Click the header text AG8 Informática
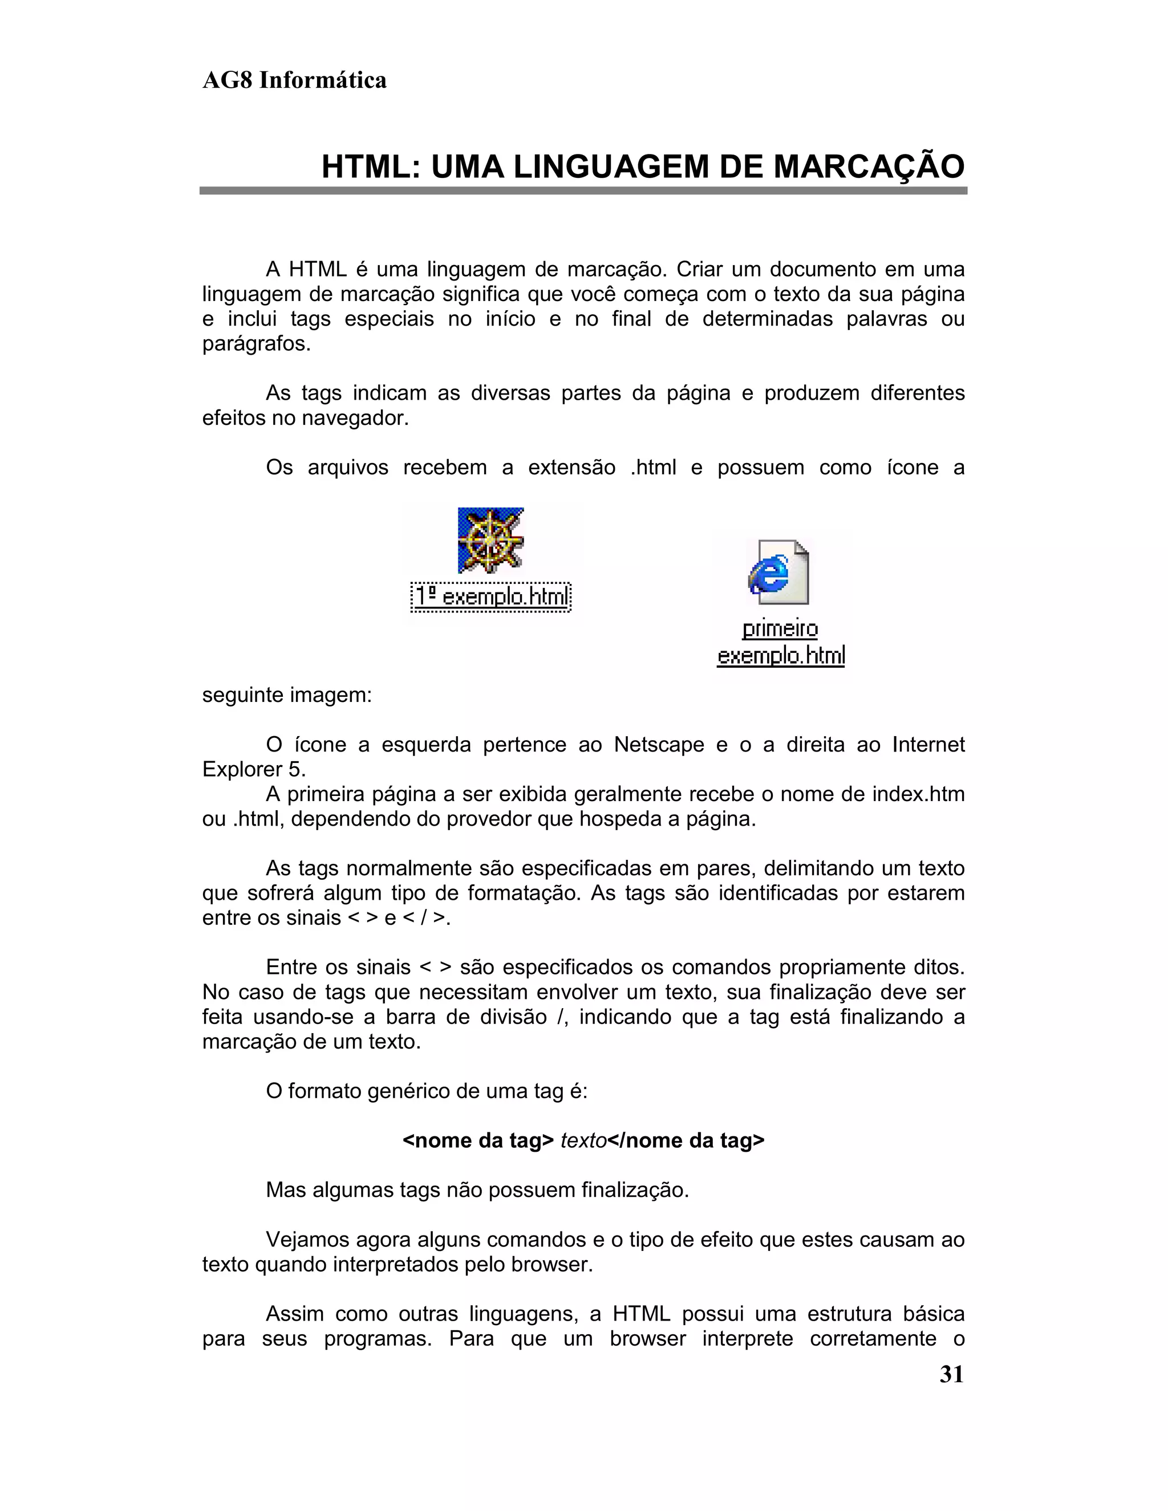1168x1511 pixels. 294,80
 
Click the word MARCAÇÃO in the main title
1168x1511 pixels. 869,166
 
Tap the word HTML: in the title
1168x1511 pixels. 371,166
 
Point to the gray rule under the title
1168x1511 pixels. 583,190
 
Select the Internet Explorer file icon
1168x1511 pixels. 778,571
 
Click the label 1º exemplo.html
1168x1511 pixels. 490,596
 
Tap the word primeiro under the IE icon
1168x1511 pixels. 780,629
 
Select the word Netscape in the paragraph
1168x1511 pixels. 659,745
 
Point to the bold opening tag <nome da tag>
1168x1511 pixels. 478,1140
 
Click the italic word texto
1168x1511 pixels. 583,1140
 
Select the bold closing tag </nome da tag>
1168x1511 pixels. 686,1140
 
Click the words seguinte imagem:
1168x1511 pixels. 286,694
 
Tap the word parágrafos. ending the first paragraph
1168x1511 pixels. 256,344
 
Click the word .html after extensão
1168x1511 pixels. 653,468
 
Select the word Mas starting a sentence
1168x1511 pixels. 286,1190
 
